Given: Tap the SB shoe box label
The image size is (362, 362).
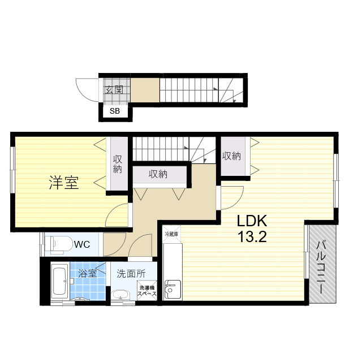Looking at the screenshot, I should point(114,111).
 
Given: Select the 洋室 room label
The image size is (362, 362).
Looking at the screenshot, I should point(63,183).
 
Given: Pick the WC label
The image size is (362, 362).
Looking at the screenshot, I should point(83,245).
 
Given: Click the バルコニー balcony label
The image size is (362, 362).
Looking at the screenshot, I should point(321,266).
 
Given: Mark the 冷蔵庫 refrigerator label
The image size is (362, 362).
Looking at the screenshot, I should point(171,234).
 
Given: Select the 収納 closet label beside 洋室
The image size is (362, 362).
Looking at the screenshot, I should point(118,163).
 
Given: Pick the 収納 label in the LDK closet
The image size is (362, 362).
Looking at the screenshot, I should point(231,156).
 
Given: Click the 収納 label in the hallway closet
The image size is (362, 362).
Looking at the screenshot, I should point(158,174).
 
